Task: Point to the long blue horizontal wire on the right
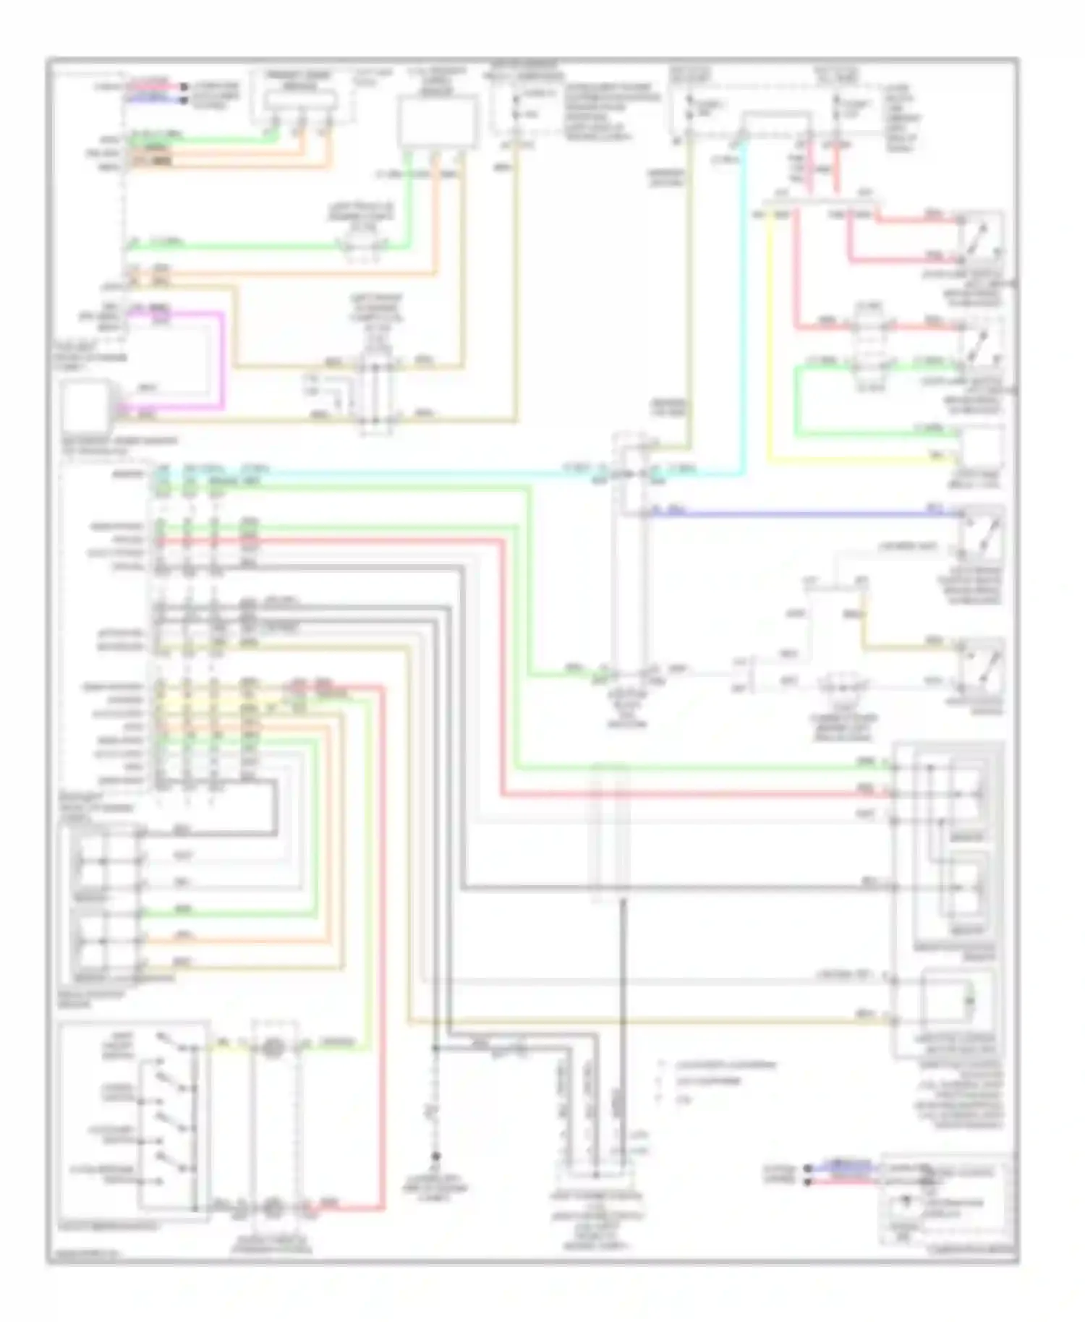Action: pyautogui.click(x=796, y=514)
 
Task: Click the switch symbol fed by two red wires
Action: pyautogui.click(x=981, y=239)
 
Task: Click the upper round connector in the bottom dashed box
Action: pyautogui.click(x=273, y=1048)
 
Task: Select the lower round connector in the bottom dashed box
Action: pyautogui.click(x=273, y=1207)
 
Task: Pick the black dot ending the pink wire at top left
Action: pyautogui.click(x=184, y=85)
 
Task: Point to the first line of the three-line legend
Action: pyautogui.click(x=716, y=1065)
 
